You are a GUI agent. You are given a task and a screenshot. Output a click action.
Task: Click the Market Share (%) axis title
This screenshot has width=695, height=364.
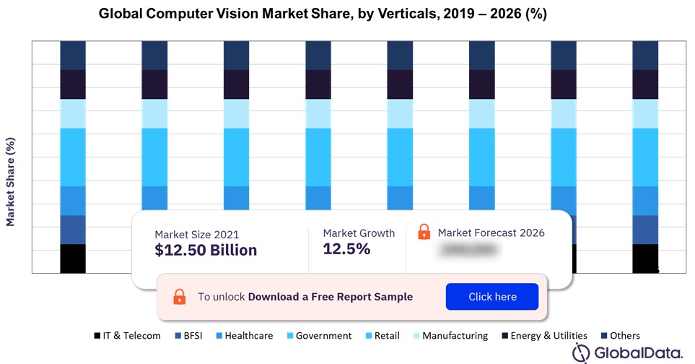pos(11,181)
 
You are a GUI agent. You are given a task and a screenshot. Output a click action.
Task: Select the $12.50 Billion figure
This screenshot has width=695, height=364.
pos(206,251)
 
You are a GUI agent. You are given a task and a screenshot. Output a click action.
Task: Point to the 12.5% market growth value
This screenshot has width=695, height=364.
pos(346,249)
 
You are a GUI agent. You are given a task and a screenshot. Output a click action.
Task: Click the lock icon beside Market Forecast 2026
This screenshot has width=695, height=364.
pos(424,233)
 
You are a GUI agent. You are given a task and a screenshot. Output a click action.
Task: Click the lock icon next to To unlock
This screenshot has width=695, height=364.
pos(179,297)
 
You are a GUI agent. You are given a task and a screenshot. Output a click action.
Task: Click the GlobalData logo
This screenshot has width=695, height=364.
pos(628,352)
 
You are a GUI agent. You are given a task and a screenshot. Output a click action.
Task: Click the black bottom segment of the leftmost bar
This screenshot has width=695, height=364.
pos(73,259)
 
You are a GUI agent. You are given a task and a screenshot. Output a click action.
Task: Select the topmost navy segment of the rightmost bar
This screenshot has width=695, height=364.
pos(645,56)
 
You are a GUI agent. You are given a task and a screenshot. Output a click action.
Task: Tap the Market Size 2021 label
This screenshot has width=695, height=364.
pos(196,235)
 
